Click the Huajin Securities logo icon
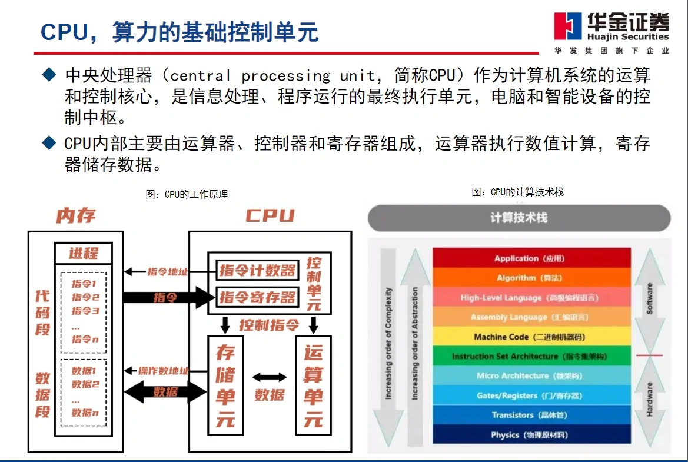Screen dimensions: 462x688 pos(568,26)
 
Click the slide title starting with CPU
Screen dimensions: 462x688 pos(179,31)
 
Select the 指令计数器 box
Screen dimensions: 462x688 pos(257,271)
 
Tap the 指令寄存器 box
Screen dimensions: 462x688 pos(257,297)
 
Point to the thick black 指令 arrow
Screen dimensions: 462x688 pos(168,297)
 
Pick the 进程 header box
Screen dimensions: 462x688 pos(83,254)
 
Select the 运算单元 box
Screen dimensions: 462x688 pos(313,385)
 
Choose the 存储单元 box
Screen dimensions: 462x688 pos(225,385)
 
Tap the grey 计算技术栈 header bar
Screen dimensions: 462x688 pos(519,218)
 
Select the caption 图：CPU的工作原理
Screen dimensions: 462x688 pos(187,194)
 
